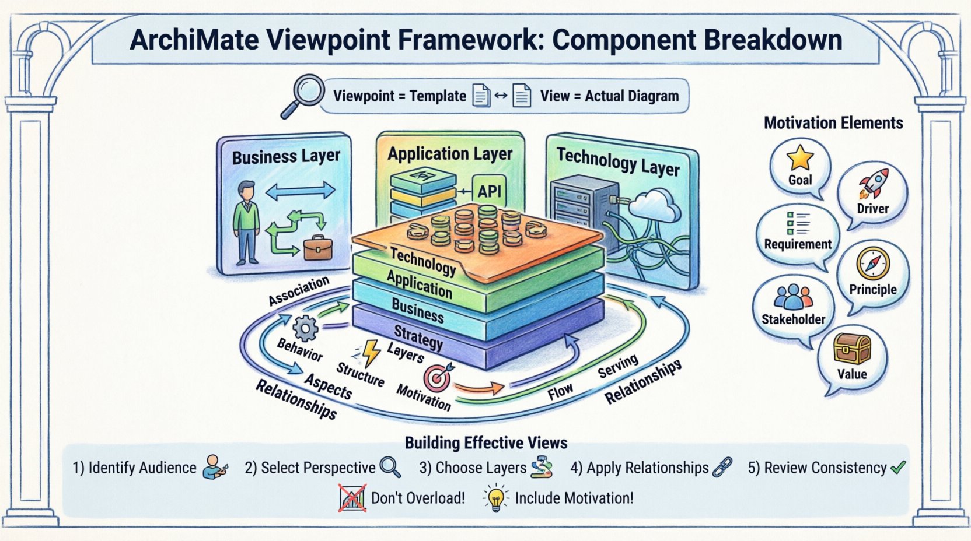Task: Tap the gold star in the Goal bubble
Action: [800, 157]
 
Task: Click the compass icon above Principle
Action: [873, 264]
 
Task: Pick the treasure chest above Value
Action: [852, 349]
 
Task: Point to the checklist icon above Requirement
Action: [798, 223]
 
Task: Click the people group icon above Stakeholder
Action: [793, 297]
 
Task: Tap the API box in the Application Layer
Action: [490, 191]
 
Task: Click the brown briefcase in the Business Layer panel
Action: [318, 248]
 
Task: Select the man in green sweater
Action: [247, 223]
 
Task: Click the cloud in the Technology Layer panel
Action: [655, 206]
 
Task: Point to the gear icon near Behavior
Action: [305, 328]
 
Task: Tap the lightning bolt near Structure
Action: [371, 353]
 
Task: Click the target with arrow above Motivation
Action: [439, 376]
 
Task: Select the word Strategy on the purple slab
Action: [418, 338]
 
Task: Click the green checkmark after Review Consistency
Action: [898, 467]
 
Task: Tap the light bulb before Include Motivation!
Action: [495, 498]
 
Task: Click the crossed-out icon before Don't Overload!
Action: [352, 498]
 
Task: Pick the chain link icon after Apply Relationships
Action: [722, 467]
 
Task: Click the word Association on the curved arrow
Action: [298, 291]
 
